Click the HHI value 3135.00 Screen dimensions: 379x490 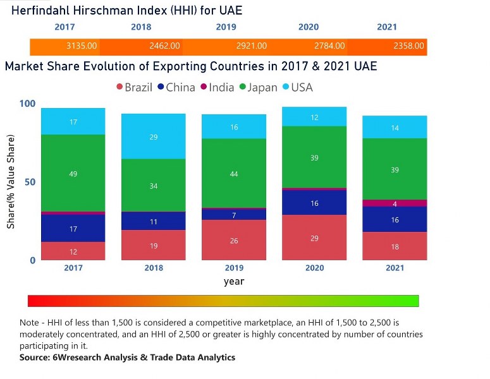82,46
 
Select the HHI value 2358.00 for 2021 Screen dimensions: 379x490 409,46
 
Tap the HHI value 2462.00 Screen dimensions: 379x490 164,46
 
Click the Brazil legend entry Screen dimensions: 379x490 133,87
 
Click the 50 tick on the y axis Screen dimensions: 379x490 30,182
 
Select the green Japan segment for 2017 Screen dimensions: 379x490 73,173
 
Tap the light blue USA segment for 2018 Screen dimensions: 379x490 154,136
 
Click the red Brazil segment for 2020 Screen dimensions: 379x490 314,238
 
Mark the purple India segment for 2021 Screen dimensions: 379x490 395,203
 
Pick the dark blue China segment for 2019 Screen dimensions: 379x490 234,215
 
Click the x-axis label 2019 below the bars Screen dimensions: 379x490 234,268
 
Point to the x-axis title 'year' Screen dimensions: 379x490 234,282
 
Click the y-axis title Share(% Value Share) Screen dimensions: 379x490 11,182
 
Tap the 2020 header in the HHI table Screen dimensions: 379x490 309,27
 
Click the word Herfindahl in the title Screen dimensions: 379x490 40,11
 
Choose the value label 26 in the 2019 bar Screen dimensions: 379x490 234,241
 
